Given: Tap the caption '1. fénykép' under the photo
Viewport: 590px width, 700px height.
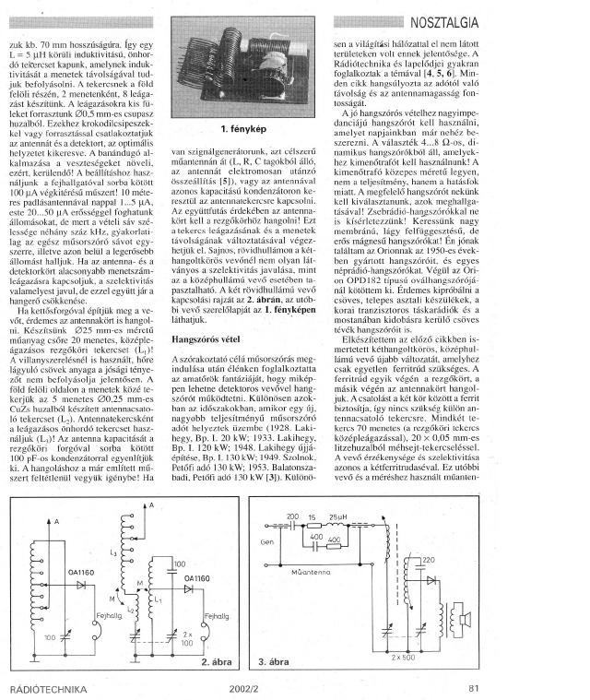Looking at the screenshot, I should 243,141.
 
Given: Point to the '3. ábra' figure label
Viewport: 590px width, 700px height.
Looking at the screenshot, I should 276,661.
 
